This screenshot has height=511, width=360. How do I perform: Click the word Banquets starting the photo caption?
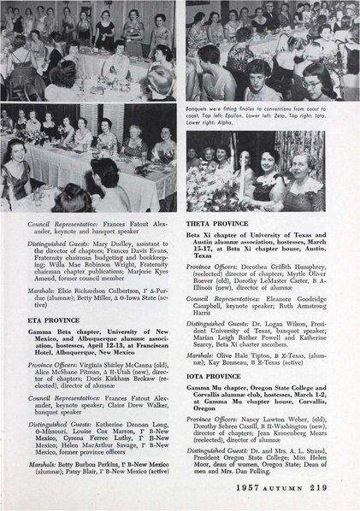198,109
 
